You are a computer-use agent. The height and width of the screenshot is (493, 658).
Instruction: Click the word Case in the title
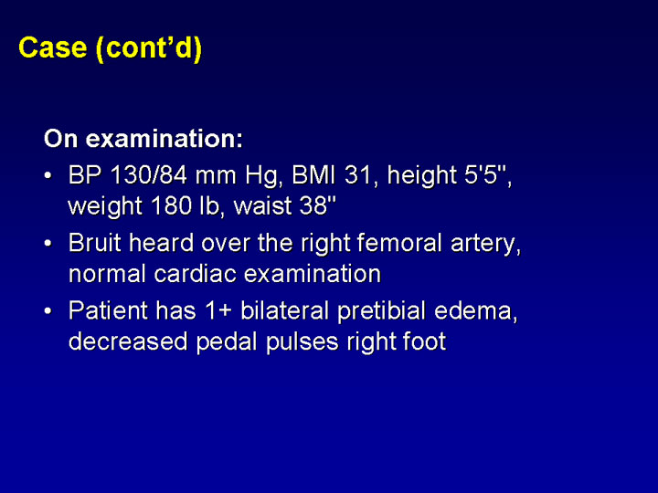[x=52, y=47]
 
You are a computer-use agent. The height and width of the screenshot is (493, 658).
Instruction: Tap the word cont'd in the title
[x=150, y=48]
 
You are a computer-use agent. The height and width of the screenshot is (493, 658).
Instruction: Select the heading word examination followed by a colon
[x=164, y=139]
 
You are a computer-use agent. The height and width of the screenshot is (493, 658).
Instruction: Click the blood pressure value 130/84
[x=149, y=175]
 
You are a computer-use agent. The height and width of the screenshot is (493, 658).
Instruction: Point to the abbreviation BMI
[x=313, y=175]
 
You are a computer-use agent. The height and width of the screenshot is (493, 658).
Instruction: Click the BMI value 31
[x=357, y=175]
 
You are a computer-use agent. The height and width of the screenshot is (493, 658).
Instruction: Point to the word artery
[x=486, y=245]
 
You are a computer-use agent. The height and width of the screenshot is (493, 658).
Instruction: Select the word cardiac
[x=195, y=274]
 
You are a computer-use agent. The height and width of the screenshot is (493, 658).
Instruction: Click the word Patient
[x=108, y=310]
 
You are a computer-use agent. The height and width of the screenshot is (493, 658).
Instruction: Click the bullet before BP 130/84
[x=48, y=176]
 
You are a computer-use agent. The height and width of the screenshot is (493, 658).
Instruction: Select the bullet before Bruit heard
[x=48, y=244]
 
